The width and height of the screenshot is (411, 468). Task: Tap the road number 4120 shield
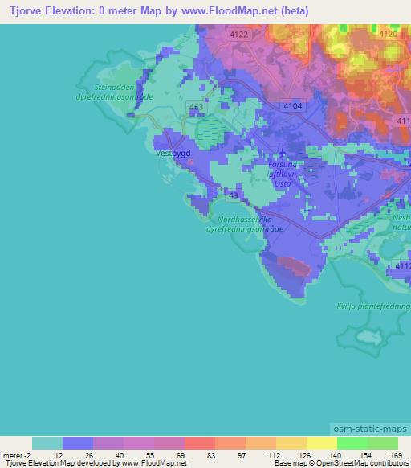388,34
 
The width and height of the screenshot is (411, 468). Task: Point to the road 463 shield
196,106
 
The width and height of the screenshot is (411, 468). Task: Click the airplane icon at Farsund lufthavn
281,152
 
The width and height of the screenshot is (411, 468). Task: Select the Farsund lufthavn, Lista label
283,174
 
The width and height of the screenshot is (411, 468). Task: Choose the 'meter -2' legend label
15,455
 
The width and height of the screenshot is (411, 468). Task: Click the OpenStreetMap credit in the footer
360,463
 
